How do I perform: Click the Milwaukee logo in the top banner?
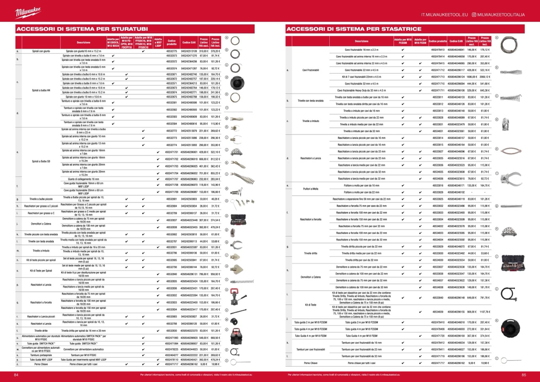coord(28,13)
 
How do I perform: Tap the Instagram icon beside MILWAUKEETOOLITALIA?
coord(474,15)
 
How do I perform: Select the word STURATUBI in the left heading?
coord(128,29)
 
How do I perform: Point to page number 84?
coord(16,375)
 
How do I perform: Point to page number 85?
coord(524,375)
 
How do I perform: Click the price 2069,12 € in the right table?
coord(485,77)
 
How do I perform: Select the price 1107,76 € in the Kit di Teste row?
coord(485,312)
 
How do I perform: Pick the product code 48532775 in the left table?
coord(172,51)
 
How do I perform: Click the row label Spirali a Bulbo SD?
coord(41,162)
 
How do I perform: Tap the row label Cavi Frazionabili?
coord(311,70)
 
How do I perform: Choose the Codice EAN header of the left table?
coord(189,43)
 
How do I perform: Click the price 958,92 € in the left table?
coord(215,274)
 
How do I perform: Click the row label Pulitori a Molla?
coord(311,189)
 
